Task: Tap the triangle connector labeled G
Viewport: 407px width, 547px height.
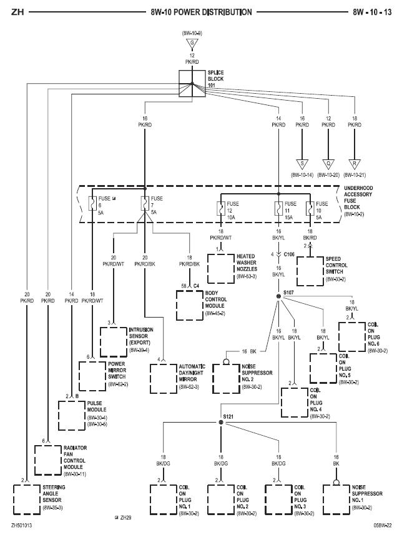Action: pyautogui.click(x=192, y=43)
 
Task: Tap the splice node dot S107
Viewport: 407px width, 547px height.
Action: pyautogui.click(x=278, y=296)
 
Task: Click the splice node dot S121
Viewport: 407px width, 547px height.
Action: pyautogui.click(x=221, y=423)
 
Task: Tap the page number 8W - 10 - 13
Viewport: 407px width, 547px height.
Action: pyautogui.click(x=373, y=12)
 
